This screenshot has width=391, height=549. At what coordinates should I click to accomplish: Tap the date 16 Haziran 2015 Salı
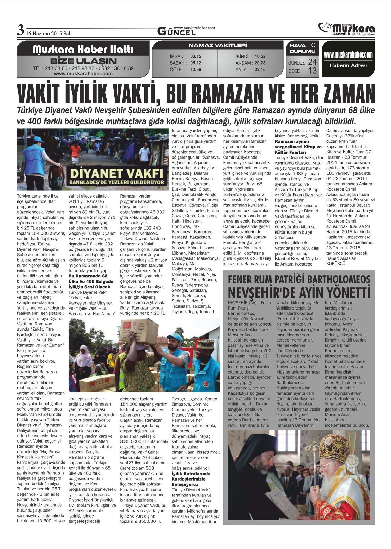[49, 33]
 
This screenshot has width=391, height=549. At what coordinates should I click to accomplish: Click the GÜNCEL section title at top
[177, 32]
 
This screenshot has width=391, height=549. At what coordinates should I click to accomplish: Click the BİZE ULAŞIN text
[83, 61]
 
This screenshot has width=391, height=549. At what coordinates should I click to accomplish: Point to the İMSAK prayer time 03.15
[196, 56]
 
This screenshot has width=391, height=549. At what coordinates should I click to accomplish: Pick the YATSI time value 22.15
[260, 70]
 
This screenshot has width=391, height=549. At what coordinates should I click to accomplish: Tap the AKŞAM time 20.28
[260, 63]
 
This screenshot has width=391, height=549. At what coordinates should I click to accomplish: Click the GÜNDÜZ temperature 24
[312, 62]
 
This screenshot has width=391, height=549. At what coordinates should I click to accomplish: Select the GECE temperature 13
[312, 71]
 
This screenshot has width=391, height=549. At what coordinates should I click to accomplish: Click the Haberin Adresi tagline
[348, 65]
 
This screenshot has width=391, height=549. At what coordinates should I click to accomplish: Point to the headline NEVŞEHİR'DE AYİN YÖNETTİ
[299, 292]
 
